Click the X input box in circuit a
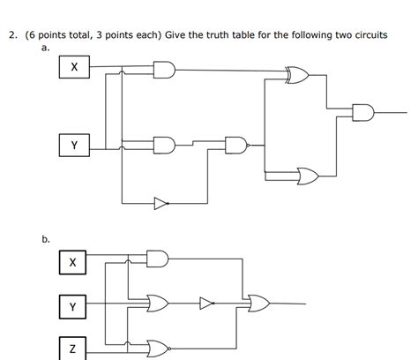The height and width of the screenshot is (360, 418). pos(75,67)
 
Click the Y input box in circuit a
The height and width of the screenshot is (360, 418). pos(75,145)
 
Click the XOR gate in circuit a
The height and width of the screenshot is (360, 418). pos(296,78)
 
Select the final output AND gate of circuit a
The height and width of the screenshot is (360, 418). pos(362,112)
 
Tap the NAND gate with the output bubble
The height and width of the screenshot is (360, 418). pos(235,144)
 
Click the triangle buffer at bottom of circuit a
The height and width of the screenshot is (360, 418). pos(160,204)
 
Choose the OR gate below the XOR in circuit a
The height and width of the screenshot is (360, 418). pos(308,175)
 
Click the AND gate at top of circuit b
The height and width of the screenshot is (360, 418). pos(157,258)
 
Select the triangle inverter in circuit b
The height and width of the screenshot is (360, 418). pos(205,304)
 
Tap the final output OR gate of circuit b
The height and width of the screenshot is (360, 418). pos(260,304)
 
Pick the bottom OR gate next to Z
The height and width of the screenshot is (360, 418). pos(158,346)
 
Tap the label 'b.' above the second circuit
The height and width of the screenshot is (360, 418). pos(46,238)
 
